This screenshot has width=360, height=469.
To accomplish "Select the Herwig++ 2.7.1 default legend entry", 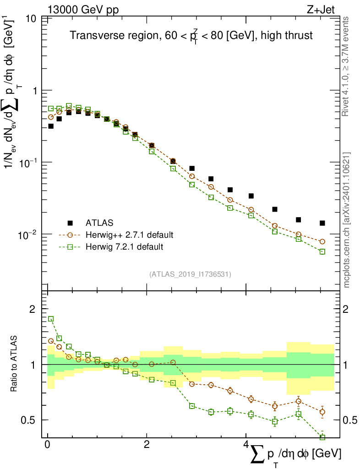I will (129, 235).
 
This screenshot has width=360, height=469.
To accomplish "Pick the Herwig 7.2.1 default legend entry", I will (124, 247).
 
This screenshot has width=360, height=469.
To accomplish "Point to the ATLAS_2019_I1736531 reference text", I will (190, 274).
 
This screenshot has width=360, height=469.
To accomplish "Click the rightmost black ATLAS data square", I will (322, 223).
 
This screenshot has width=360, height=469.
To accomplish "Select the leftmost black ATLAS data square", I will (51, 126).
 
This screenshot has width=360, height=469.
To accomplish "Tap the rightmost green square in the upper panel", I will (322, 251).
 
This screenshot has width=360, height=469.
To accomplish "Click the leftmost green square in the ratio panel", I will (51, 319).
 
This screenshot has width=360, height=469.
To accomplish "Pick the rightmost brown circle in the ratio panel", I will (322, 412).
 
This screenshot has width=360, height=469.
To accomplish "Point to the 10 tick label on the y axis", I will (32, 19).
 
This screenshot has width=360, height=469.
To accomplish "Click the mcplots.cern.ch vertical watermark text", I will (347, 220).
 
